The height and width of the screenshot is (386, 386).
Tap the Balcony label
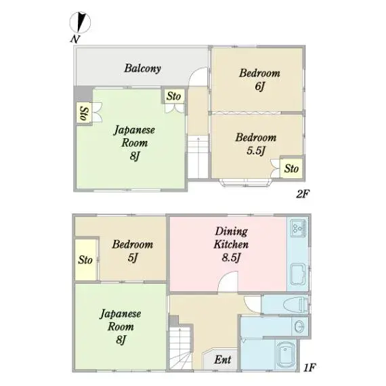pyautogui.click(x=142, y=68)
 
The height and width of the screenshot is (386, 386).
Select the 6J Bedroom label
pyautogui.click(x=259, y=79)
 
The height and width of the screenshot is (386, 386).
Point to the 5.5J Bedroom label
pyautogui.click(x=256, y=144)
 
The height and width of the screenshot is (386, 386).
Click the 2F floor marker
pyautogui.click(x=303, y=194)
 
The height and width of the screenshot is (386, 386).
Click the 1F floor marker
pyautogui.click(x=309, y=368)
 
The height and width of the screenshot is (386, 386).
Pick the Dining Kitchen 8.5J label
pyautogui.click(x=231, y=244)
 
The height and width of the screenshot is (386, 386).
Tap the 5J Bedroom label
pyautogui.click(x=133, y=251)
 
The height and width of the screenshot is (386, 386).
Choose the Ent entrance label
pyautogui.click(x=223, y=360)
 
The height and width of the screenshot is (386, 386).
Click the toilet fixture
pyautogui.click(x=296, y=305)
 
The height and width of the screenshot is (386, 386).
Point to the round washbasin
pyautogui.click(x=299, y=326)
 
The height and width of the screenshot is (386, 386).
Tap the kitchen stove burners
pyautogui.click(x=298, y=228)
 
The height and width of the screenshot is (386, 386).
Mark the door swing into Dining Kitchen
pyautogui.click(x=228, y=282)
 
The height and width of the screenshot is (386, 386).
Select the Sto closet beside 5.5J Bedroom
pyautogui.click(x=292, y=169)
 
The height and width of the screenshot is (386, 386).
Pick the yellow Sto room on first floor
pyautogui.click(x=85, y=260)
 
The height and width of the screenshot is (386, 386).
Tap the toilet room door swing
pyautogui.click(x=253, y=305)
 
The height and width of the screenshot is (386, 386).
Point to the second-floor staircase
pyautogui.click(x=198, y=157)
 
